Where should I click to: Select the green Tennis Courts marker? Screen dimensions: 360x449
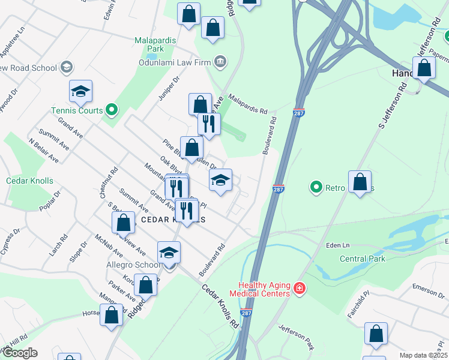click(110, 110)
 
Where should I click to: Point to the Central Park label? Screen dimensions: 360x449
click(363, 259)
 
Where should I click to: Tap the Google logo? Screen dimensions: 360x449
click(19, 353)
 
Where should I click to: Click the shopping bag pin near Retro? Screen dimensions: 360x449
click(360, 182)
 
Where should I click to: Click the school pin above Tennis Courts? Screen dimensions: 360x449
click(80, 91)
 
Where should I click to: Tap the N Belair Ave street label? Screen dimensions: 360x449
click(44, 151)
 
